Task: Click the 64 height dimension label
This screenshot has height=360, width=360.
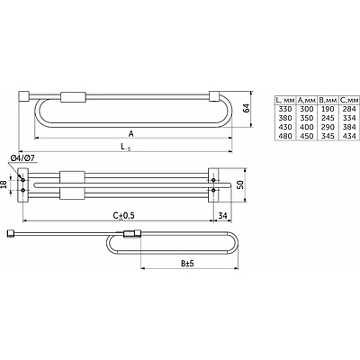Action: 247,108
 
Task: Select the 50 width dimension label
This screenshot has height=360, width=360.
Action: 240,184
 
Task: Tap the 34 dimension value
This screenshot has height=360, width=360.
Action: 222,216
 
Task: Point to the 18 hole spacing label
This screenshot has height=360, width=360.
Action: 4,184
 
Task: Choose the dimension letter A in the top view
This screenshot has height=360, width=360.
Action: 131,134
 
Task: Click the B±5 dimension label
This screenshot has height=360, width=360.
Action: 187,264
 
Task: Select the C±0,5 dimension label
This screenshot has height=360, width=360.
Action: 123,216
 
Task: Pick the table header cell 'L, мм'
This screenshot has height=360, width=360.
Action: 285,100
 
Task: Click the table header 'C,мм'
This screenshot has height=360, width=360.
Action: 349,100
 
